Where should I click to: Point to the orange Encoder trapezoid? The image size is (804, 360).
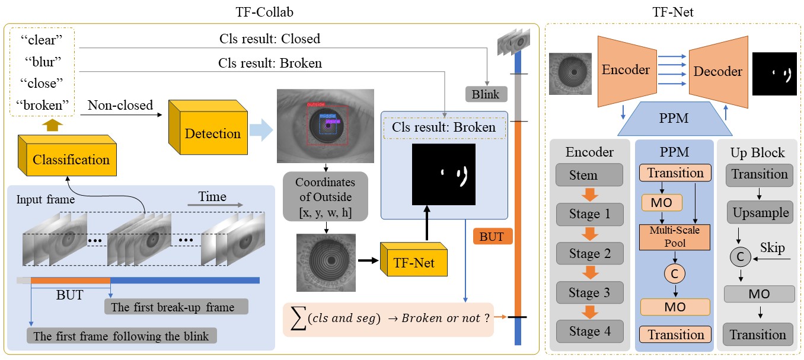tap(626, 69)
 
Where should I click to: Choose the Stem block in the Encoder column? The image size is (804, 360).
tap(589, 175)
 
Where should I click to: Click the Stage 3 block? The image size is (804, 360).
tap(589, 292)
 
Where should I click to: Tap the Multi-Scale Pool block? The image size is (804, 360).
tap(675, 237)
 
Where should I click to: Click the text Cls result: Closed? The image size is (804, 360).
tap(269, 39)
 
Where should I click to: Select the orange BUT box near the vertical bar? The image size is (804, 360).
tap(492, 237)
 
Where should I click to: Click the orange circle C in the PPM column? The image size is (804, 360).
tap(674, 273)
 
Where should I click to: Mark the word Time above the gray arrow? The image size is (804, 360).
tap(213, 196)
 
